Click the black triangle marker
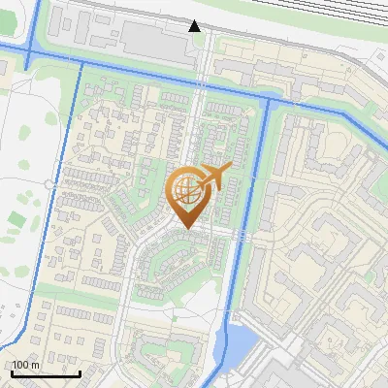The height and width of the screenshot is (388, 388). (x=195, y=25)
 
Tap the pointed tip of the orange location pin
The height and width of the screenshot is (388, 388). (x=186, y=229)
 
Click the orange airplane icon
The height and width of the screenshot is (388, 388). (x=216, y=178)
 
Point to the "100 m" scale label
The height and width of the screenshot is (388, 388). (x=25, y=365)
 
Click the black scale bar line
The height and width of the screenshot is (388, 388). (x=46, y=373)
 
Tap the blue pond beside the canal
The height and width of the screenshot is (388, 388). (x=239, y=340)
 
